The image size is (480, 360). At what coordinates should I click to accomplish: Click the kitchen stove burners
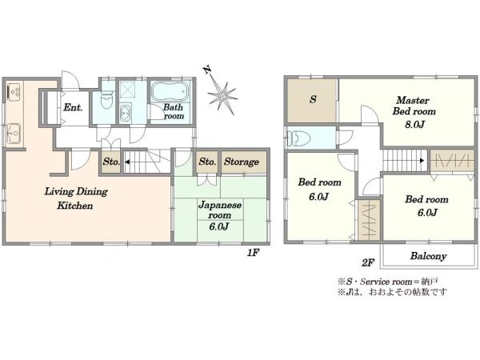(x=14, y=91)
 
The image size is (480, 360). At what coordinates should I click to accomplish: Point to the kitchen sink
(x=14, y=133)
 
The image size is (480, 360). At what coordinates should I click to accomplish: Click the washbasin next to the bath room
(x=125, y=113)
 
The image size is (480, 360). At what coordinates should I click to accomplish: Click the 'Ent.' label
(x=73, y=107)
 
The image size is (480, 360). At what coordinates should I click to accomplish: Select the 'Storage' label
(x=242, y=162)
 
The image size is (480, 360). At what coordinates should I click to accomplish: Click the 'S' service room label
(x=313, y=99)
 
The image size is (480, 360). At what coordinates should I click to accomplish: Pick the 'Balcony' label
(x=428, y=256)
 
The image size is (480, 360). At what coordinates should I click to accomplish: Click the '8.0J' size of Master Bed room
(x=414, y=124)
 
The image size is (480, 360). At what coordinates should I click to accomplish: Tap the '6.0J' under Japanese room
(x=219, y=226)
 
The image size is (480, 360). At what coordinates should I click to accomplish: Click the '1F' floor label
(x=253, y=253)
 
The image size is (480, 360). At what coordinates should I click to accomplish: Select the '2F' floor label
(x=368, y=262)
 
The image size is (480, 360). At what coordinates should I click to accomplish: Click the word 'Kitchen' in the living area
(x=75, y=205)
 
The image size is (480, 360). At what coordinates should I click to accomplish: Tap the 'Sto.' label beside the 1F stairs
(x=111, y=162)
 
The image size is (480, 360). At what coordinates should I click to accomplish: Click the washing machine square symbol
(x=127, y=90)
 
